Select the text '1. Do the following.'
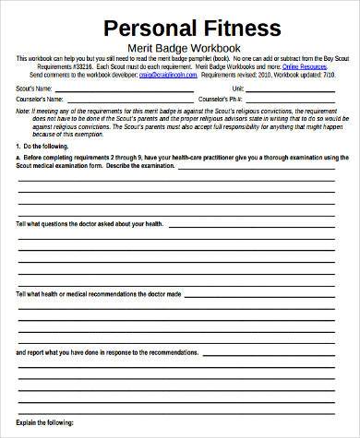[43, 146]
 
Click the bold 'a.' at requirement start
[19, 158]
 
